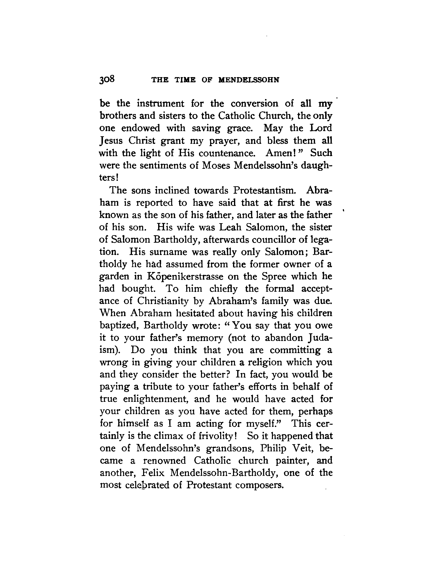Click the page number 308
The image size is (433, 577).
point(107,79)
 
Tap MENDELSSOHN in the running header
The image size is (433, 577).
point(249,80)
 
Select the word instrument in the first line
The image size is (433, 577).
point(161,103)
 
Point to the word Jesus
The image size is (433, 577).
point(111,141)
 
